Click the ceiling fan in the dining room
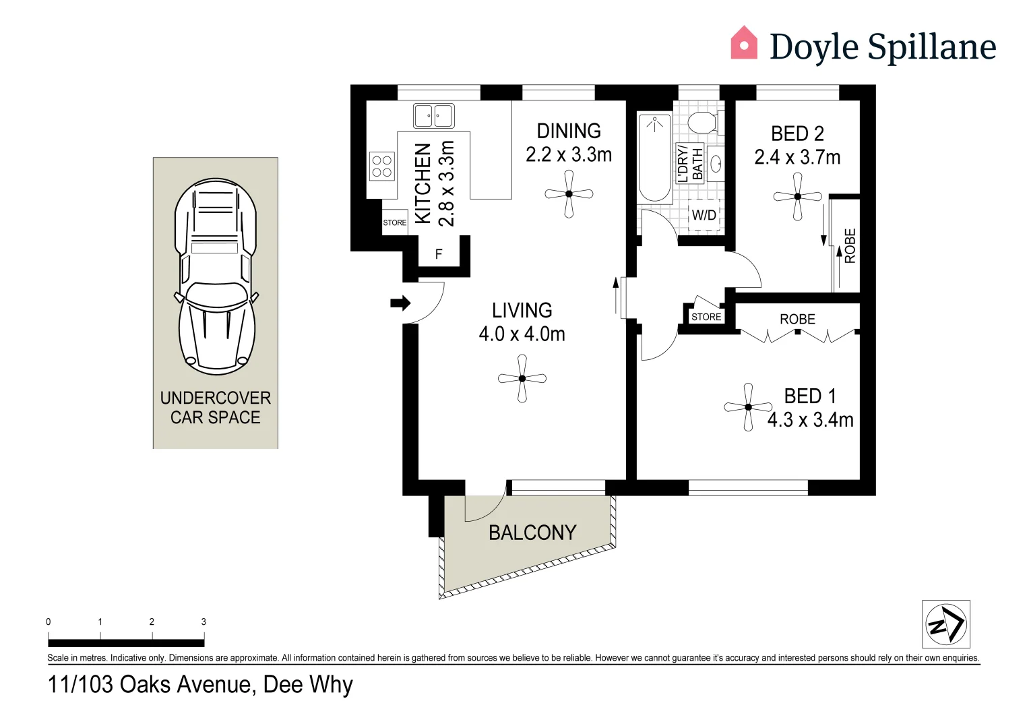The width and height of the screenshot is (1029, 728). [569, 194]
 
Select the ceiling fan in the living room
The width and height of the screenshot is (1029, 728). [522, 379]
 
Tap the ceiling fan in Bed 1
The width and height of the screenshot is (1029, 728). [748, 407]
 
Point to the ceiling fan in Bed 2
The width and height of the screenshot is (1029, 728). [798, 197]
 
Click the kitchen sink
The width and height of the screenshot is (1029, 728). [433, 116]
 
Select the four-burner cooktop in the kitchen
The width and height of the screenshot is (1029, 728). [381, 166]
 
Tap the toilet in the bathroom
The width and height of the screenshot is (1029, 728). [704, 123]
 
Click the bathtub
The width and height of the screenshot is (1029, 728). [654, 158]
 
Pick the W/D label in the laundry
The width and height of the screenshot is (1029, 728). [704, 216]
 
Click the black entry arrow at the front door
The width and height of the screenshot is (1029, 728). [400, 303]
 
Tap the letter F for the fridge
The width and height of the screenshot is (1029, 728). [439, 255]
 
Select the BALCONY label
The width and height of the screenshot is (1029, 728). [532, 533]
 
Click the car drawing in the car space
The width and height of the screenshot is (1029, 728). [216, 276]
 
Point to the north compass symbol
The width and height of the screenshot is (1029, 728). [945, 624]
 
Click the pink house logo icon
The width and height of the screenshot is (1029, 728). [744, 43]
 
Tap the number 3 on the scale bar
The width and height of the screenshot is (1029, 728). [204, 622]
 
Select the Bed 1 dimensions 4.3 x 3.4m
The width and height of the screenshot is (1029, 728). [810, 420]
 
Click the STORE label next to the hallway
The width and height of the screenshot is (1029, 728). [706, 317]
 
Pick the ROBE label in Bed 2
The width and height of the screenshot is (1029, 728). [850, 245]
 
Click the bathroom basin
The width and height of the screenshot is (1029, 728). [716, 164]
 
